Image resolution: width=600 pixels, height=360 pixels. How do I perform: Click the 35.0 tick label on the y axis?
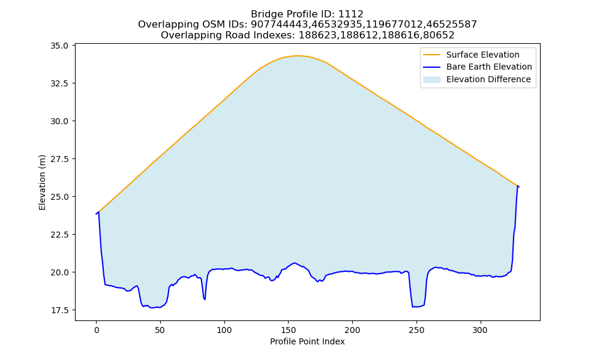point(59,46)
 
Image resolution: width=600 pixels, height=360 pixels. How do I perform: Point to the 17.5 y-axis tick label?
point(59,310)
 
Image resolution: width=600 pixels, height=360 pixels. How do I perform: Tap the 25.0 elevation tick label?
point(59,197)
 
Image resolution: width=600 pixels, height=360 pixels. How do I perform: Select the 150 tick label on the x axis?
point(288,330)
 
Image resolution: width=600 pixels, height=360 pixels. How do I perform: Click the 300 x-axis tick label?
point(480,330)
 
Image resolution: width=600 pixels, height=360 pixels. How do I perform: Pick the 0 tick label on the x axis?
point(96,330)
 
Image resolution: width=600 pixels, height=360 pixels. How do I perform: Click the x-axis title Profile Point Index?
point(307,341)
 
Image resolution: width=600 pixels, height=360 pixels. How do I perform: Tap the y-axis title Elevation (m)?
point(42,182)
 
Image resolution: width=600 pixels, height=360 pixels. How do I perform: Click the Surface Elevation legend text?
point(482,55)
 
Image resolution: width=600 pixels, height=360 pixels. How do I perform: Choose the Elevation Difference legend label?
point(488,79)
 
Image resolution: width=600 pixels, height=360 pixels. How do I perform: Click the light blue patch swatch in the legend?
point(431,80)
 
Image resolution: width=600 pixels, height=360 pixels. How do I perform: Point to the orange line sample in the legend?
point(431,55)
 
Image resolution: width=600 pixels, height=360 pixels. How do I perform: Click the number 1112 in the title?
point(350,14)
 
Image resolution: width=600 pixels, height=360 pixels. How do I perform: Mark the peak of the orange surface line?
point(298,56)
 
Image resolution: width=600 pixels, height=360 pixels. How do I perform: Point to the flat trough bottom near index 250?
point(418,307)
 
